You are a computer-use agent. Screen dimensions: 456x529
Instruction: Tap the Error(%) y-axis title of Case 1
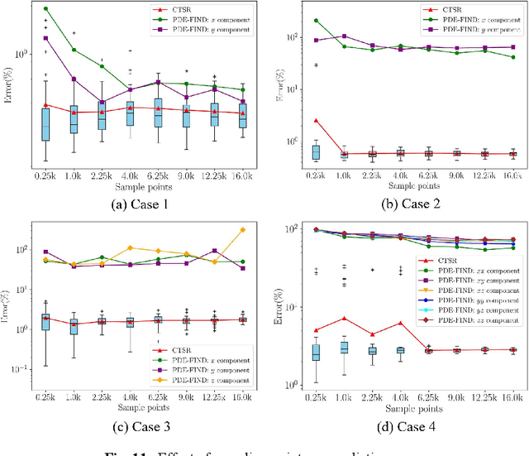tap(10, 83)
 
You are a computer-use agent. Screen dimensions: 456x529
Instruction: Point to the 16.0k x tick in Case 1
tap(242, 175)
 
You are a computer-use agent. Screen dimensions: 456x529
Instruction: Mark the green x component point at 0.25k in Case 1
tap(45, 9)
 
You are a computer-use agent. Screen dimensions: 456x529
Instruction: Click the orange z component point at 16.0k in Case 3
tap(242, 230)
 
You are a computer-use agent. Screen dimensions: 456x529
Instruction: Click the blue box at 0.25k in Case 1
tap(45, 124)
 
